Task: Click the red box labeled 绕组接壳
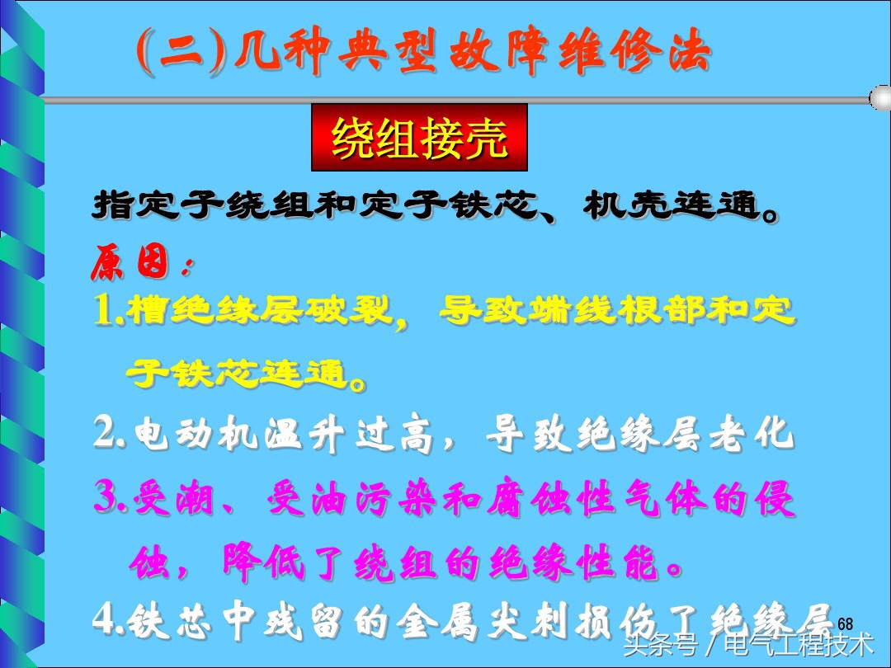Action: pos(419,138)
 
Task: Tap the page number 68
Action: pos(845,624)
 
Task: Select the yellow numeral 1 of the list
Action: pos(105,311)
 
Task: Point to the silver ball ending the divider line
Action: pos(879,99)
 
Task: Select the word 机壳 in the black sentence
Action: pos(616,205)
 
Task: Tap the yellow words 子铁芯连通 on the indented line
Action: pos(235,374)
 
